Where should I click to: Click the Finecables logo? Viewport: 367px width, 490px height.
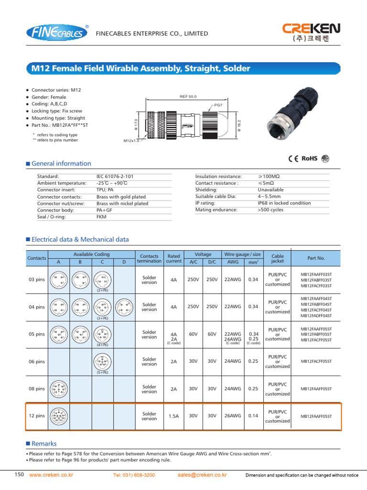(x=57, y=33)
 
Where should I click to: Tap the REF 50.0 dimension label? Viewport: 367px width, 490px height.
(x=188, y=97)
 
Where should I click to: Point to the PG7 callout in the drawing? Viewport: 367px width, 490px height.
(x=218, y=104)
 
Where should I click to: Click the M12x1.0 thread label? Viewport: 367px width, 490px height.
(x=131, y=141)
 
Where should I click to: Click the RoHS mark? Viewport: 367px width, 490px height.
(x=309, y=159)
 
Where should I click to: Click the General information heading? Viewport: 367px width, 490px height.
(x=61, y=164)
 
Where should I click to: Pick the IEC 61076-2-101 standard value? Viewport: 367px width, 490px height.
(x=116, y=177)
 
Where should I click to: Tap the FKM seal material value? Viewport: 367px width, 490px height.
(x=102, y=217)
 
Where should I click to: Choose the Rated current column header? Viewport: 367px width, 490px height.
(x=173, y=258)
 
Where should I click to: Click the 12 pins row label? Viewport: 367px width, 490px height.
(x=36, y=416)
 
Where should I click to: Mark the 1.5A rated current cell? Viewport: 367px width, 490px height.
(x=173, y=416)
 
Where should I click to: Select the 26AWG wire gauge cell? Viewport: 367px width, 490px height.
(x=232, y=416)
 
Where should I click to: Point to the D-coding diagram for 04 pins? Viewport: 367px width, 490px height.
(x=124, y=306)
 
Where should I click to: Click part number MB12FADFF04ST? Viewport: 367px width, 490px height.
(x=316, y=316)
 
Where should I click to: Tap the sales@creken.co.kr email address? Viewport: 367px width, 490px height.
(x=202, y=475)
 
